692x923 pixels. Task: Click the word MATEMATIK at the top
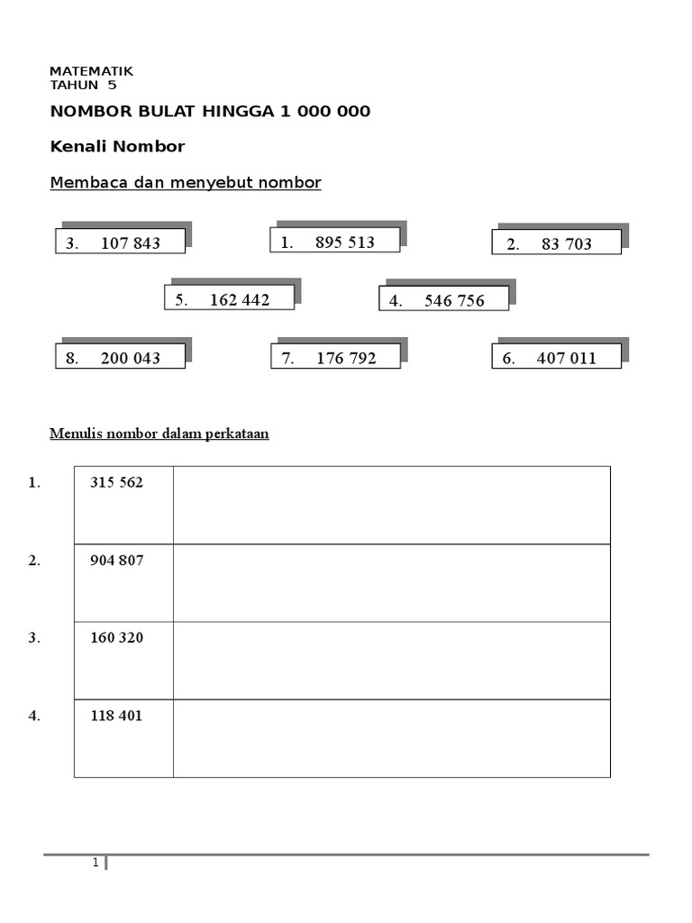(91, 71)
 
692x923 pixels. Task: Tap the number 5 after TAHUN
(112, 86)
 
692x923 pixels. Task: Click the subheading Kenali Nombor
(117, 146)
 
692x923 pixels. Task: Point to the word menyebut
(209, 183)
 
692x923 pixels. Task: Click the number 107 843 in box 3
(131, 242)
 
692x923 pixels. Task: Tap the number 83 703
(567, 244)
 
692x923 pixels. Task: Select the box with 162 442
(230, 299)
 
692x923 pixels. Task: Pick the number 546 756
(454, 301)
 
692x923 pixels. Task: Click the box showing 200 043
(120, 358)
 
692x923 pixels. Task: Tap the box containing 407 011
(557, 358)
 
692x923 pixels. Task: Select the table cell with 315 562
(123, 505)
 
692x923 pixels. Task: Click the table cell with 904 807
(123, 582)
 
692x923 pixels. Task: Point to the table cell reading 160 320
(123, 660)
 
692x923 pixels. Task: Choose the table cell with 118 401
(123, 737)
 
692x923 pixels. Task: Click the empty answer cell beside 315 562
(391, 505)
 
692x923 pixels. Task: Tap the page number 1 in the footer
(95, 864)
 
